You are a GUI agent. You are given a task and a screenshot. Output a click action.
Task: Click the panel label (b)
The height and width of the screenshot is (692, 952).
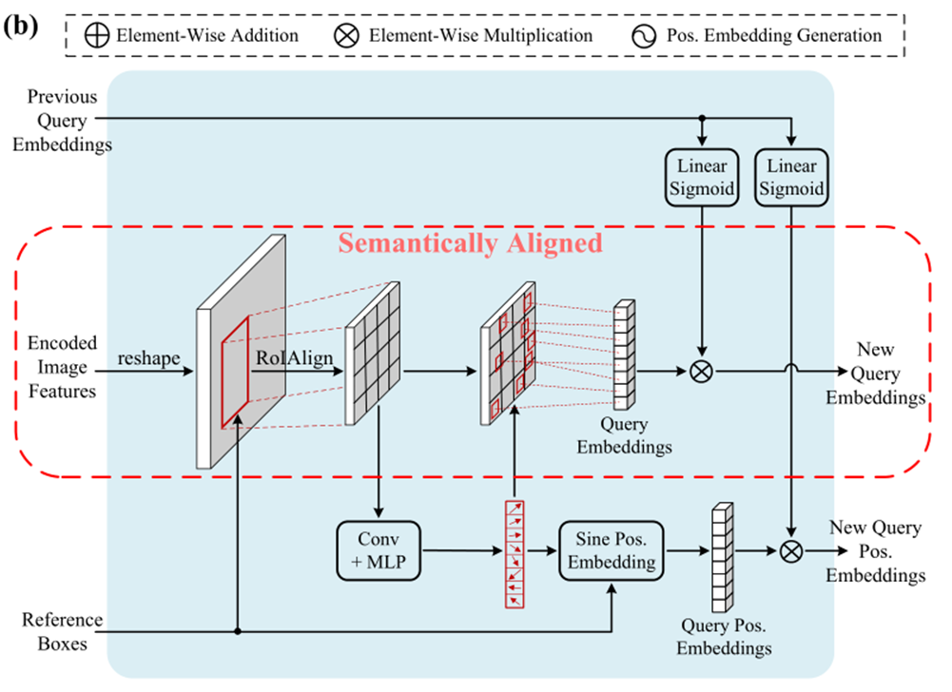coord(20,26)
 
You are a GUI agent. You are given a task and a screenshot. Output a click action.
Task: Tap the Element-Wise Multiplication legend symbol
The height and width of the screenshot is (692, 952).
coord(349,36)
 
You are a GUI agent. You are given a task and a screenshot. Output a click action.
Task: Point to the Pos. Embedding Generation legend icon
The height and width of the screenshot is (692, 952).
coord(642,36)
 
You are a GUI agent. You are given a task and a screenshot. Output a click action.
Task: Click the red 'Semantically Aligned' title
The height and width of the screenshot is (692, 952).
coord(471,243)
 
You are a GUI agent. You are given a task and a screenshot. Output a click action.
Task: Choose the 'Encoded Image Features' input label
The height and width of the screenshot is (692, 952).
coord(62,367)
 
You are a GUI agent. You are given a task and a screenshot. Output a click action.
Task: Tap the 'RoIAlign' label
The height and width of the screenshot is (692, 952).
coord(286,358)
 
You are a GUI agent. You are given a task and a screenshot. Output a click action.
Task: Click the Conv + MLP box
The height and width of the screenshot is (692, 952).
coord(379,550)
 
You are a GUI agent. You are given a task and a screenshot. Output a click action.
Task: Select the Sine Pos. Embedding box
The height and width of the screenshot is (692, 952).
coord(608,550)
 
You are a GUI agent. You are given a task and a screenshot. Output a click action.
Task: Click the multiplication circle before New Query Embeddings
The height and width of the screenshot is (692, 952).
coord(701,372)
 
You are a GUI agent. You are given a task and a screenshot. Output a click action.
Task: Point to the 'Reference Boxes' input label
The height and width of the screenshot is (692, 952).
coord(63,630)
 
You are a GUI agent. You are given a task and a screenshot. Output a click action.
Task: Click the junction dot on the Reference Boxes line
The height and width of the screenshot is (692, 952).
coord(237,630)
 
